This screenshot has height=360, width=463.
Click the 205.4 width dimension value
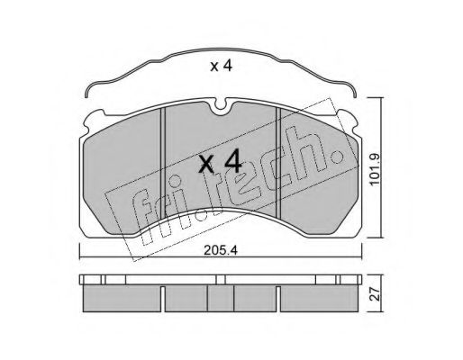[221, 250]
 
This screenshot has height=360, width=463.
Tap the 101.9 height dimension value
[375, 169]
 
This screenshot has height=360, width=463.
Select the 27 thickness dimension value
[375, 294]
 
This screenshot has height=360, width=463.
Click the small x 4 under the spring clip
[221, 66]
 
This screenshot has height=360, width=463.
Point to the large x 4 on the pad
[220, 161]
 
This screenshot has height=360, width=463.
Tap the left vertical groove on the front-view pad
[163, 163]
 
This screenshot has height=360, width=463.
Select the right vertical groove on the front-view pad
[278, 163]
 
